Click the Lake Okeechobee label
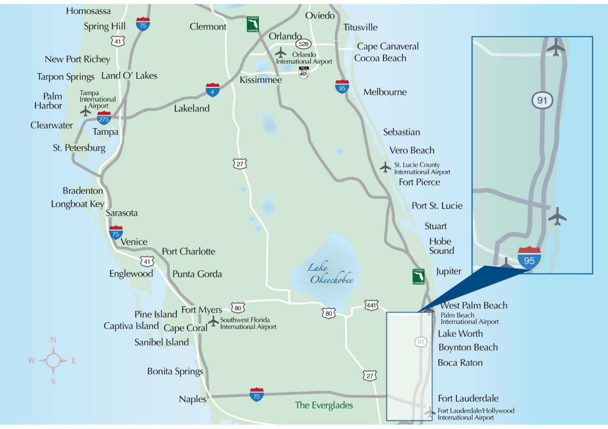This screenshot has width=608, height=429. coord(330,274)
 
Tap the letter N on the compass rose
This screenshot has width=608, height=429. coord(53,340)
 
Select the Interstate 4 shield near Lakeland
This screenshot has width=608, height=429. coord(212,90)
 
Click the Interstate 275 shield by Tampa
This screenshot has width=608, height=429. coord(104,118)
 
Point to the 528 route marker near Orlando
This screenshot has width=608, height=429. coord(303,44)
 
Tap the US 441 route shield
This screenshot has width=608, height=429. coord(371,305)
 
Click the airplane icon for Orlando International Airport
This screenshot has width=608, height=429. coord(281,53)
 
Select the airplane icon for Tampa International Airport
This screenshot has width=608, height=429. coord(85,111)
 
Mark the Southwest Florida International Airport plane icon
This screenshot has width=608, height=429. coord(213,321)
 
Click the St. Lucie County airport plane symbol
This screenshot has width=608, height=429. coord(385,167)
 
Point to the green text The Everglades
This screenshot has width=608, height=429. coord(324,405)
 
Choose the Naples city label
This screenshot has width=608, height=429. coord(193,399)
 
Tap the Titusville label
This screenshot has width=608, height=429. coord(360,27)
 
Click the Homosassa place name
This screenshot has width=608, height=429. coord(88,11)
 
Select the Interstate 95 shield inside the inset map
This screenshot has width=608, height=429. coord(529,258)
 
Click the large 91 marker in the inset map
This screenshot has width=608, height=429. coord(542,101)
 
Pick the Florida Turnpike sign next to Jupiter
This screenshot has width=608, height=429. coord(418,277)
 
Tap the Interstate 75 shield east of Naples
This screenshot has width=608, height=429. coord(256,395)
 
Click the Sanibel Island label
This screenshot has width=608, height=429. coord(162,342)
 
